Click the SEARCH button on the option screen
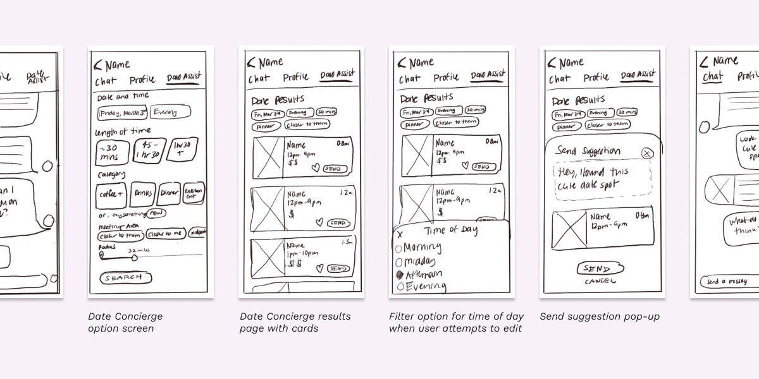pos(126,277)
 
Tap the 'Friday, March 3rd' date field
pos(122,113)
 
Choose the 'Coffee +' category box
pos(111,195)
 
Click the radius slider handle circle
pos(101,255)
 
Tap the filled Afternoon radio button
pos(399,275)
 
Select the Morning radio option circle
pos(398,248)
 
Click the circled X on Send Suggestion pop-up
pos(646,153)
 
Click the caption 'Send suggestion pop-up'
pos(599,316)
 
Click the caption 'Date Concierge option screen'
pos(125,322)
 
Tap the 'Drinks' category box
pos(142,195)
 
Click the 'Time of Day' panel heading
pos(451,230)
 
